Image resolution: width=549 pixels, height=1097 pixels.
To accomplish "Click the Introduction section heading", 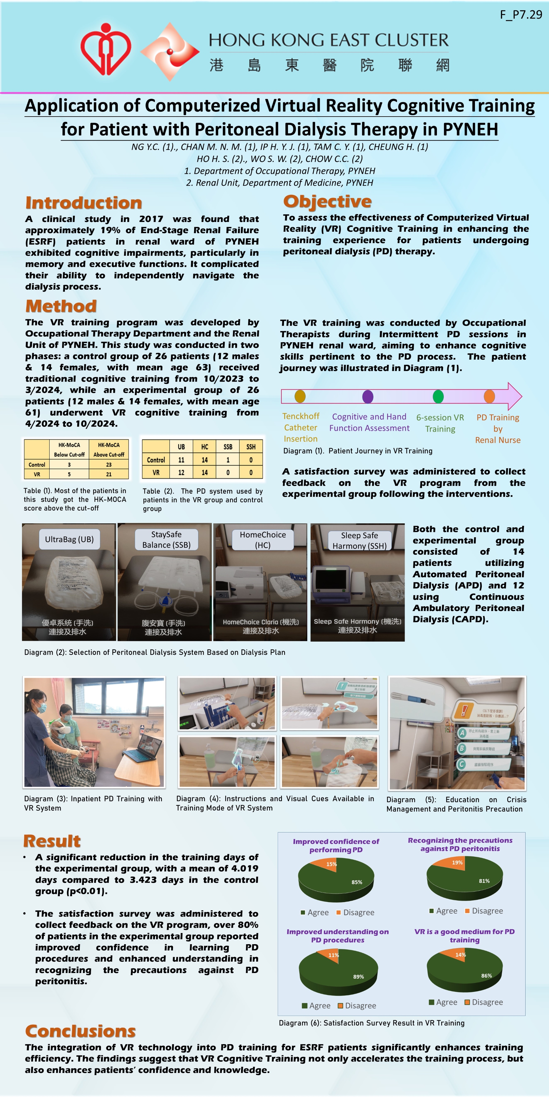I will coord(83,203).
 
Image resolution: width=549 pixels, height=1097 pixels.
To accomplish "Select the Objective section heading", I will coord(327,201).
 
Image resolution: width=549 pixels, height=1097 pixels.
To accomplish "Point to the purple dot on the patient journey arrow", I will coord(367,397).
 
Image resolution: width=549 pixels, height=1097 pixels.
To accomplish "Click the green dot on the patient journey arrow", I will coord(438,397).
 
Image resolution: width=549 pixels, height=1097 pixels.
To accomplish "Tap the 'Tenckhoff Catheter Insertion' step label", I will coord(301,427).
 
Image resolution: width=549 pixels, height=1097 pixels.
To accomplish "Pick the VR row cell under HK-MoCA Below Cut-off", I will coord(69,474).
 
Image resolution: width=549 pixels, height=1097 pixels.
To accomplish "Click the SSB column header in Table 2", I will coord(228,447).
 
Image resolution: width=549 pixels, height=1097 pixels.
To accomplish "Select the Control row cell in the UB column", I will coord(181,460).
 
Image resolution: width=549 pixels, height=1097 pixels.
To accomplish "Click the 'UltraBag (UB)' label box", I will coord(69,539).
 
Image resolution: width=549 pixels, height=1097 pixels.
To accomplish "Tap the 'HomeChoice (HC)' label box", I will coord(262,540).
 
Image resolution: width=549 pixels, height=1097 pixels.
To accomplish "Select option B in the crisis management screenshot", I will coord(461,748).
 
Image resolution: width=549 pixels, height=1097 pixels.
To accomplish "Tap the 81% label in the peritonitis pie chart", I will coord(484,881).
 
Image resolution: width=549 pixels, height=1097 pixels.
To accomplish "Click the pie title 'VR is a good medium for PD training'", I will coord(465,936).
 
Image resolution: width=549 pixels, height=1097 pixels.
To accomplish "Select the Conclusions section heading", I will coord(81,1031).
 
